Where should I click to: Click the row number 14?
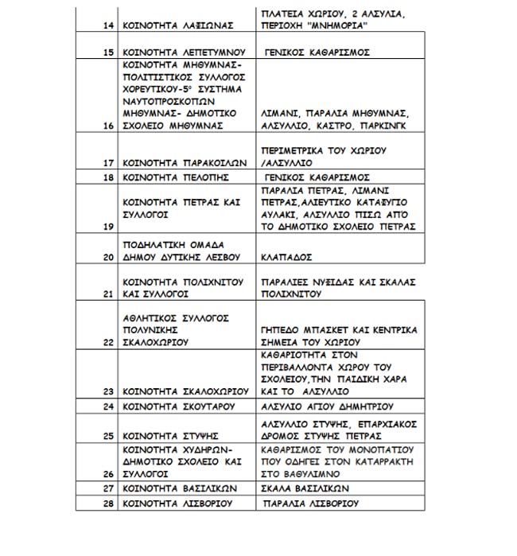(x=109, y=25)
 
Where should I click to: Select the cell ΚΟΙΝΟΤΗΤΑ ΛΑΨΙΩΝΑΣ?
(x=178, y=25)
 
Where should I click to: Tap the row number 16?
(x=109, y=126)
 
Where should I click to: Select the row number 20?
(x=109, y=258)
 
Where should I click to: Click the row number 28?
(x=109, y=504)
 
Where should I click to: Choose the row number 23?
(x=109, y=391)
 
